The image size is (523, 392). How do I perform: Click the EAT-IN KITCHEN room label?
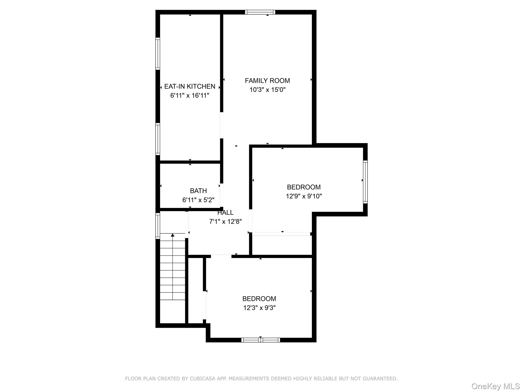click(x=189, y=87)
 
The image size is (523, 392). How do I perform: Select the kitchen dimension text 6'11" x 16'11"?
click(x=189, y=96)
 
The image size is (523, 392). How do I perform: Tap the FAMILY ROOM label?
click(x=267, y=81)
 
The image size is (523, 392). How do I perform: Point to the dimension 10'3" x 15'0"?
click(x=267, y=90)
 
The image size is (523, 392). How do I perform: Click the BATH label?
click(x=198, y=191)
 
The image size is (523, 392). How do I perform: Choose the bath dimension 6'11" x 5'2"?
click(x=198, y=200)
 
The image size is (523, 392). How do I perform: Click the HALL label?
click(x=225, y=213)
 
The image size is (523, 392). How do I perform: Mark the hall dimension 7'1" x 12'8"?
click(x=225, y=222)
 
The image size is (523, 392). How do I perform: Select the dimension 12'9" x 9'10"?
click(x=304, y=196)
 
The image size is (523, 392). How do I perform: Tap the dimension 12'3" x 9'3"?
click(x=259, y=308)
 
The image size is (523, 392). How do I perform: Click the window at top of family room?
click(x=260, y=12)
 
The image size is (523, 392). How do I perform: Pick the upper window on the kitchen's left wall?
click(x=158, y=54)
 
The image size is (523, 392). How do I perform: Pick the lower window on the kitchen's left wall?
click(x=158, y=139)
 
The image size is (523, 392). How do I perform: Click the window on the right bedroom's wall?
click(x=365, y=182)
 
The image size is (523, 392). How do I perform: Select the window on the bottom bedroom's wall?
click(x=260, y=340)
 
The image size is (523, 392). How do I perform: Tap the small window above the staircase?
click(x=158, y=226)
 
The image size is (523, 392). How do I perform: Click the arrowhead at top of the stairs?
click(x=173, y=235)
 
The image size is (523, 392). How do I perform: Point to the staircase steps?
click(x=173, y=271)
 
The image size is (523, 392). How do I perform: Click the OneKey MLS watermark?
click(x=496, y=386)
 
